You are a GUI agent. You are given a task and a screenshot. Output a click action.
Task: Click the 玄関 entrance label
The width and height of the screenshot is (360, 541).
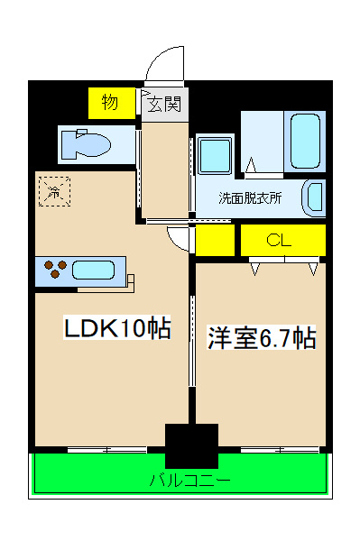[x=164, y=105]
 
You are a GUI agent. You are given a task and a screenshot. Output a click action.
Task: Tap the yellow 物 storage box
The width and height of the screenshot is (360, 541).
[x=112, y=103]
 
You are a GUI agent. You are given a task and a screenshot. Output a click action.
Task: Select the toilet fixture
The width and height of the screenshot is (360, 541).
[x=86, y=144]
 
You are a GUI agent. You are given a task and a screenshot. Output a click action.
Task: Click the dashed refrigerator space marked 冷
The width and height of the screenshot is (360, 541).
[x=54, y=191]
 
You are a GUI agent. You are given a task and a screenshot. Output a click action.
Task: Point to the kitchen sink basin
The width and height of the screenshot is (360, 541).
[x=93, y=270]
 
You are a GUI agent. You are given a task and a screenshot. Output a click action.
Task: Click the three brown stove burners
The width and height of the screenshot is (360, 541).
[x=55, y=269]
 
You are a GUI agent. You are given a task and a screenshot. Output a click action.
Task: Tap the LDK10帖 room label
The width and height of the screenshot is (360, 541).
[x=117, y=327]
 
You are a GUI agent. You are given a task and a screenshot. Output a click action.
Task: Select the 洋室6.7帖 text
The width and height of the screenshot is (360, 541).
[x=262, y=338]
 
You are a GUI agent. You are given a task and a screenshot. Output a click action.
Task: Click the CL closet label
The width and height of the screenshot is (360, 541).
[x=279, y=240]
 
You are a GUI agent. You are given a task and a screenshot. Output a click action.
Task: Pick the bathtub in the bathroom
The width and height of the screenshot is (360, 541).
[x=305, y=142]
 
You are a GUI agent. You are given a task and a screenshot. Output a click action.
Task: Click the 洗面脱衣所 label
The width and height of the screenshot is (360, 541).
[x=250, y=198]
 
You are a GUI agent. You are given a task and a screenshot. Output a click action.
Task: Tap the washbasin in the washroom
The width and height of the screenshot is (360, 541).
[x=314, y=198]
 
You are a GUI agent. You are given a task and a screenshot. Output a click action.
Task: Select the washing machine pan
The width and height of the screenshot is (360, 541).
[x=215, y=155]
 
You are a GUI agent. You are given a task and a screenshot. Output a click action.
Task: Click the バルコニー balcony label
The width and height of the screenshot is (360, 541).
[x=190, y=480]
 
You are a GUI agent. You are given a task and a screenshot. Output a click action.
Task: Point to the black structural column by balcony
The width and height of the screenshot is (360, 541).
[x=191, y=445]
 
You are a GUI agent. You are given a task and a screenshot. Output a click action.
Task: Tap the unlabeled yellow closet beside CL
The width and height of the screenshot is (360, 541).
[x=215, y=240]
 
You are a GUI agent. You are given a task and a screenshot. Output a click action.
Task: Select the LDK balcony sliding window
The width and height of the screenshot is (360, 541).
[x=107, y=450]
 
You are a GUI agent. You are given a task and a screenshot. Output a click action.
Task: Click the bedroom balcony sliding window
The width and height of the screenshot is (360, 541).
[x=280, y=450]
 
